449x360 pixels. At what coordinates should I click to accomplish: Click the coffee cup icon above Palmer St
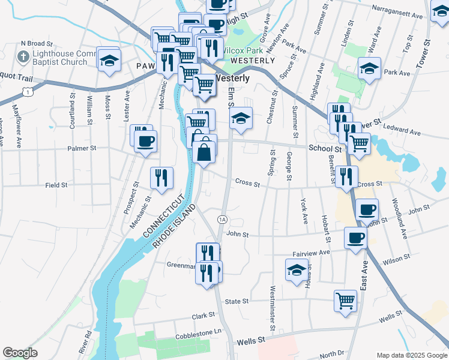tap(144, 142)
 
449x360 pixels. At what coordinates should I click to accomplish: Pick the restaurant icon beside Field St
tap(161, 177)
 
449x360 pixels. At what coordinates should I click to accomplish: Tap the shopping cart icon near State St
tap(345, 300)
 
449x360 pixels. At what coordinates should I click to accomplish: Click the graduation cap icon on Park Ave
tap(369, 68)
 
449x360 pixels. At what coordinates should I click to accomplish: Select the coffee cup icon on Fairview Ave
tap(355, 238)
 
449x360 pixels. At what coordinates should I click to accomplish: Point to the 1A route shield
tap(222, 220)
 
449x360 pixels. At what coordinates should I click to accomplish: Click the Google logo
tap(20, 353)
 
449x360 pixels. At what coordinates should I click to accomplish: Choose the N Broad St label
tap(37, 43)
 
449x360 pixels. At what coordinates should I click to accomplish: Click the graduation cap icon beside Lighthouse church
tap(109, 60)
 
